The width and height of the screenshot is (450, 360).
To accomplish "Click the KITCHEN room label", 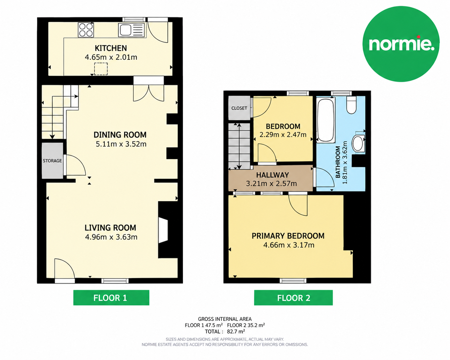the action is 111,48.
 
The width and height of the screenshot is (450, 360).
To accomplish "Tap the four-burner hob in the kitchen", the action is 86,30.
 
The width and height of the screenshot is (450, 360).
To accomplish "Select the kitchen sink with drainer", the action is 131,30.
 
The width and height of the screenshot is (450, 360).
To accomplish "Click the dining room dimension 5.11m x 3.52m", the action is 121,144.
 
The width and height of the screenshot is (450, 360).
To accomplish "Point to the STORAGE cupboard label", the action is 52,161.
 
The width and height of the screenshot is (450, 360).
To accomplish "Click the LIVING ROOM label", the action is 110,228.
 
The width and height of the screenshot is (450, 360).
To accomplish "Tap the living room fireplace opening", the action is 163,230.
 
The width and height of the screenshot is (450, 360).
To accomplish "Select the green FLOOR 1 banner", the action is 111,297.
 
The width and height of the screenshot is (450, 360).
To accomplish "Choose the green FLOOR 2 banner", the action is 293,297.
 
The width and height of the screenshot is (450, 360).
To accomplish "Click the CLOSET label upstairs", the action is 239,108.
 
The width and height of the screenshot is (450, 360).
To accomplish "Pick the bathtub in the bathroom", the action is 325,120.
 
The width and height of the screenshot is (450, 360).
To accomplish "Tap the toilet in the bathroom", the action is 351,105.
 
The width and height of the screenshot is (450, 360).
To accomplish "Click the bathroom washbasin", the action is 359,143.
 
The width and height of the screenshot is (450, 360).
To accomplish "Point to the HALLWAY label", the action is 273,175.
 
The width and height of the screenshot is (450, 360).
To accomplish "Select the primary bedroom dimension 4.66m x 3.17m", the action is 289,245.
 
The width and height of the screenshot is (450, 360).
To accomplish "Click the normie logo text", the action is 402,44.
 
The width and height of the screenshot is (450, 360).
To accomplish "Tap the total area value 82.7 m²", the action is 233,331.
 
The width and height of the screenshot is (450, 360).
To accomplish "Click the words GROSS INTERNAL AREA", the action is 225,319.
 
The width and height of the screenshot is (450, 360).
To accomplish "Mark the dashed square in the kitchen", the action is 101,69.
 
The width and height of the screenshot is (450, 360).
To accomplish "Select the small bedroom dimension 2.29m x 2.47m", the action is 283,135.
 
